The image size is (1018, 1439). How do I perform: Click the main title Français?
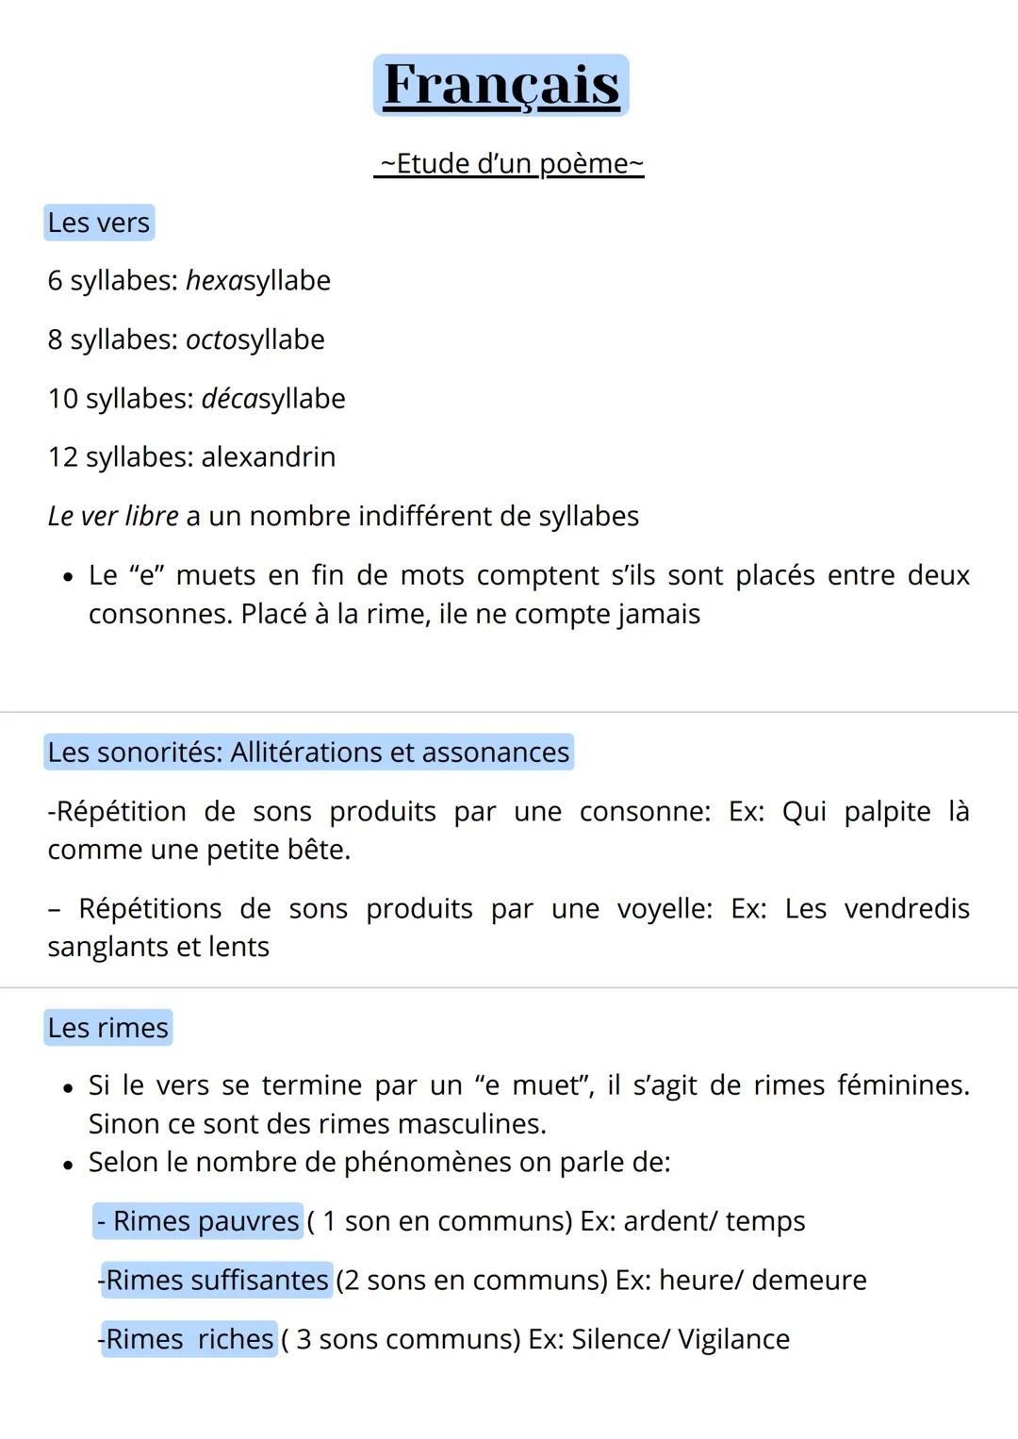pos(501,86)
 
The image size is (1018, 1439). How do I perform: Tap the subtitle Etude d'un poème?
pos(509,163)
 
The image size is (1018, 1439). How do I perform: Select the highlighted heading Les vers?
pos(99,223)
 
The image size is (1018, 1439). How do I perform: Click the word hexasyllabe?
pos(258,280)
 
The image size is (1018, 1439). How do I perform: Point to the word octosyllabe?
pos(255,339)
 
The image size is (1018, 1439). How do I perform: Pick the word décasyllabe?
pos(273,398)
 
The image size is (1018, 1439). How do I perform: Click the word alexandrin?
pos(269,457)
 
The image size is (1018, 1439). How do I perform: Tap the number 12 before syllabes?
pos(63,457)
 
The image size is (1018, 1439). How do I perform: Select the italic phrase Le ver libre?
pos(113,516)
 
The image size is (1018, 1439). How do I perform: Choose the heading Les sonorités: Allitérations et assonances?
pos(308,753)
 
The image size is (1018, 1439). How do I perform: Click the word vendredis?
pos(907,908)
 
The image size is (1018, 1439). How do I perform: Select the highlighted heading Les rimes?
pos(108,1028)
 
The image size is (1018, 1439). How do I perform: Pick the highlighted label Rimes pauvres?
pos(199,1221)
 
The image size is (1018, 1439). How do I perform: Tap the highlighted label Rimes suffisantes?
pos(216,1281)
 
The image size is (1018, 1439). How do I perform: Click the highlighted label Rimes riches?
pos(189,1339)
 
